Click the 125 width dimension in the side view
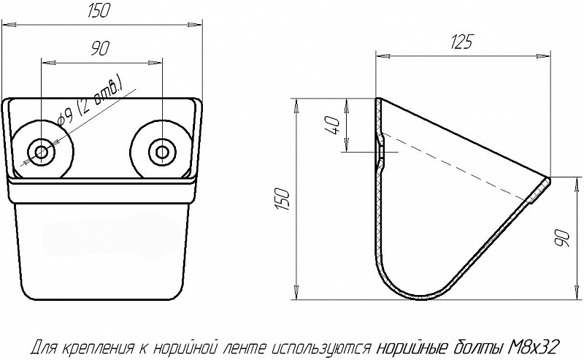coord(461,42)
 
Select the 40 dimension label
coord(331,126)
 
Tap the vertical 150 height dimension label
coord(283,199)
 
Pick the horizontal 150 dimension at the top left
coord(99,11)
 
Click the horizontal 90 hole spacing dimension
coord(100,47)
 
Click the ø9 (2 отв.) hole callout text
coord(90,101)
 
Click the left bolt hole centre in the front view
coord(42,152)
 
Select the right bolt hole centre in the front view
coord(161,152)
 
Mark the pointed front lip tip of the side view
coord(548,179)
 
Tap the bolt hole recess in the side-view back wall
coord(380,152)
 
